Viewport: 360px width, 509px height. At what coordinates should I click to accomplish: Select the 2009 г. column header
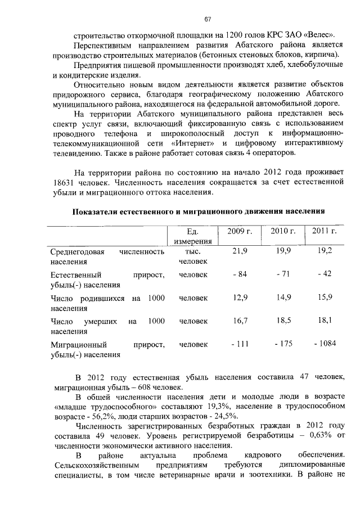coord(239,231)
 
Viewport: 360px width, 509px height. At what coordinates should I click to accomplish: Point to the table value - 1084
coord(325,344)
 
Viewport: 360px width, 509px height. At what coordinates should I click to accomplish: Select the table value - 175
coord(283,344)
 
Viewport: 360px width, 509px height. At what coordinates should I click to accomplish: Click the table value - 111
coord(240,344)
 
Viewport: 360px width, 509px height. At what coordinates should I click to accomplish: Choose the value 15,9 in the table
coord(325,298)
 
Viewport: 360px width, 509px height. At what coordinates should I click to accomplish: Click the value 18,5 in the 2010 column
coord(283,321)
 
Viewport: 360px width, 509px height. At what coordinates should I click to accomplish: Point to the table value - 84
coord(240,274)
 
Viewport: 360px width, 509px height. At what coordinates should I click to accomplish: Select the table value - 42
coord(325,274)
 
